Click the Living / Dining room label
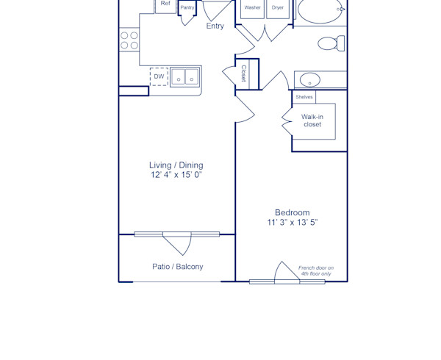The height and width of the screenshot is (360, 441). point(176,165)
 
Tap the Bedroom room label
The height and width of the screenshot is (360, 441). point(292,212)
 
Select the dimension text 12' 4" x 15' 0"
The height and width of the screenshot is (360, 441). point(176,176)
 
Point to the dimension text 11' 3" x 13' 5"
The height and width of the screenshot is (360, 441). point(292,222)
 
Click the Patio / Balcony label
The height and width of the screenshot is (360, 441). point(177,267)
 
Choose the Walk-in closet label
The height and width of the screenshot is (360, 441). point(312,120)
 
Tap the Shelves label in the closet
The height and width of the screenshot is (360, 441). point(304,97)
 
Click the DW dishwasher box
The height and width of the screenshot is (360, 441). point(159,76)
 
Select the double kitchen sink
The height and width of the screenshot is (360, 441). point(184,76)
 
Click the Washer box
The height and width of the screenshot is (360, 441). point(252,8)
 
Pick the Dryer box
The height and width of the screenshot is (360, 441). point(277,8)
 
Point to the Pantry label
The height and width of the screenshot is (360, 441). point(187,7)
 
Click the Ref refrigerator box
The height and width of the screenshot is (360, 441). point(165,4)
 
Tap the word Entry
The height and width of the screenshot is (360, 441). point(215,26)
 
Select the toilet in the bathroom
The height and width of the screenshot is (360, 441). point(329,43)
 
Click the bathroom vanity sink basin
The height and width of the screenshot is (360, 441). point(310,79)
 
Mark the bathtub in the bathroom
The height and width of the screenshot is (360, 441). point(320,10)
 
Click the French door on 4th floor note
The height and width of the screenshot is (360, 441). point(316,271)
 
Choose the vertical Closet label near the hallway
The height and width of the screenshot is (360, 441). point(244,73)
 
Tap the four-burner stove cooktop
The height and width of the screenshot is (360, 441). point(129,40)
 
